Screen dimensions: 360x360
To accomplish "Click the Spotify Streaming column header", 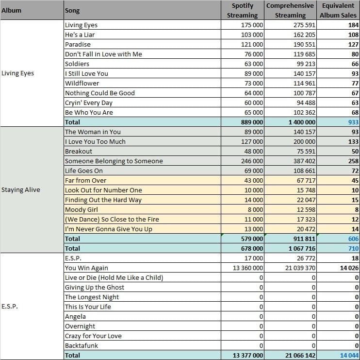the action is [x=242, y=10].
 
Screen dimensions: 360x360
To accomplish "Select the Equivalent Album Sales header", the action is [x=338, y=10].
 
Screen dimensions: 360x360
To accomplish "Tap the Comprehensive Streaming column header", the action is [x=290, y=10].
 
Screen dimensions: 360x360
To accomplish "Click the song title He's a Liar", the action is [x=80, y=34].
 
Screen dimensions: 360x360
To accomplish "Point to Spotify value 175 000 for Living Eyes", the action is [x=252, y=25].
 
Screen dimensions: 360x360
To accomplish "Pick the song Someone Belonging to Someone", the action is [x=114, y=161].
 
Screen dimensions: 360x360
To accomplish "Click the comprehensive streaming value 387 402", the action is [x=304, y=161].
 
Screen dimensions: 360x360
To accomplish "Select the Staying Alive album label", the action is [x=21, y=189].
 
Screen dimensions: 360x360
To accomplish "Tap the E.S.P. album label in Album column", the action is [x=9, y=306].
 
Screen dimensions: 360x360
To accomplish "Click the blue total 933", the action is [x=353, y=122].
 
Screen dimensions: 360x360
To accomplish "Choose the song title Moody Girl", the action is [x=82, y=209].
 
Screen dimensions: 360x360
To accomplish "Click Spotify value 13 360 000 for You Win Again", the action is [x=248, y=268].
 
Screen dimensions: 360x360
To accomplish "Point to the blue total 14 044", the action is [x=349, y=355].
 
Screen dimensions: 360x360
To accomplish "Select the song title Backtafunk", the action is [x=82, y=345].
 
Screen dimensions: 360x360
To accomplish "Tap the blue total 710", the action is [x=353, y=248].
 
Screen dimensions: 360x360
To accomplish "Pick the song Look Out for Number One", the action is [x=103, y=190].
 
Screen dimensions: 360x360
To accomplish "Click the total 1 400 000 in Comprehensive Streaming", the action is [x=302, y=122].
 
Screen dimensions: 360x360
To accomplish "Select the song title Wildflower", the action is [x=82, y=83].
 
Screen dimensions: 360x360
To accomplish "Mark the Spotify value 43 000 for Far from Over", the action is [x=253, y=180].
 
